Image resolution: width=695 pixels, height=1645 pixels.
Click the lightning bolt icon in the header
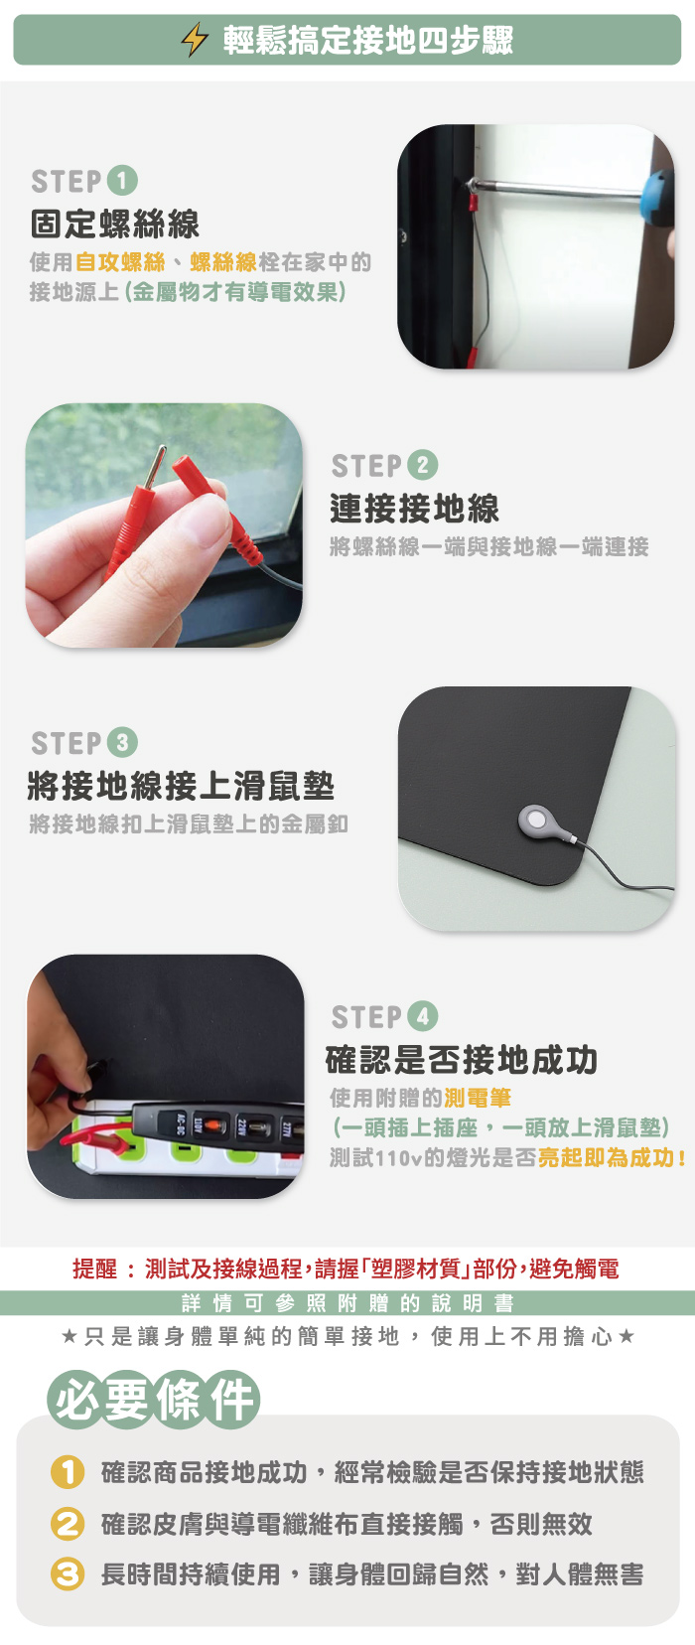(195, 39)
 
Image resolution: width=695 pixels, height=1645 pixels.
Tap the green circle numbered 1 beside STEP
(122, 181)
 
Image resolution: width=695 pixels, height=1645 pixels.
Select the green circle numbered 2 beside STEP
(423, 465)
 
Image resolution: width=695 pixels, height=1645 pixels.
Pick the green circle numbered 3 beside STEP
(122, 742)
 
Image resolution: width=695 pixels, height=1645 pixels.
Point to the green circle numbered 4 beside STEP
(423, 1016)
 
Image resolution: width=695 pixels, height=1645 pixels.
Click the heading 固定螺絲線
(114, 224)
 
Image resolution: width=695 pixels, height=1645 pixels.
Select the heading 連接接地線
(415, 509)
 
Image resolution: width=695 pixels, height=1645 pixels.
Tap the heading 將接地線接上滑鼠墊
(181, 786)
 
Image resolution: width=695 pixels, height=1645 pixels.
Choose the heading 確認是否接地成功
(462, 1060)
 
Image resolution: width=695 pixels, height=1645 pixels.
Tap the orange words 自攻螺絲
(120, 261)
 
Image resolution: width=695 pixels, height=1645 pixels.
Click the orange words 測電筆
(477, 1098)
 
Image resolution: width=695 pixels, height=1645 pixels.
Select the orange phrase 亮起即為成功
(607, 1158)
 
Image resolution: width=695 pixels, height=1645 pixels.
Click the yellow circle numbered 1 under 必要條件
(67, 1472)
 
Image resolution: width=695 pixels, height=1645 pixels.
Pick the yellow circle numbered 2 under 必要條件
(67, 1524)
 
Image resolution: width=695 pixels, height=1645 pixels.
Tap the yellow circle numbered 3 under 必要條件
(67, 1574)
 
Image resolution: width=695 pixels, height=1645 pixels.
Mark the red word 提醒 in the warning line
(94, 1269)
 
